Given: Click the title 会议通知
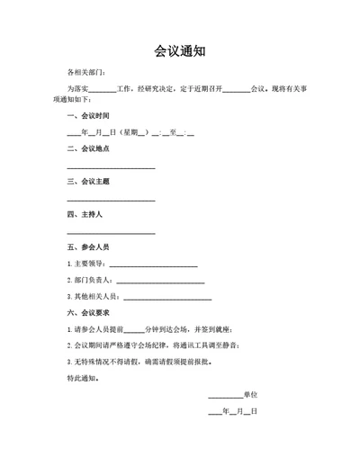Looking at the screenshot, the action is point(179,51).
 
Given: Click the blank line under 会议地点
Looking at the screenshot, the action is point(111,168).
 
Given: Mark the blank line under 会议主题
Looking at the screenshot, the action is point(111,201).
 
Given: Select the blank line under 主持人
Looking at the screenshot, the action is point(111,233).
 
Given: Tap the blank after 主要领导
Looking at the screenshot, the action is point(152,265).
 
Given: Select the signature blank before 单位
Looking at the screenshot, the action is point(225,397).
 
